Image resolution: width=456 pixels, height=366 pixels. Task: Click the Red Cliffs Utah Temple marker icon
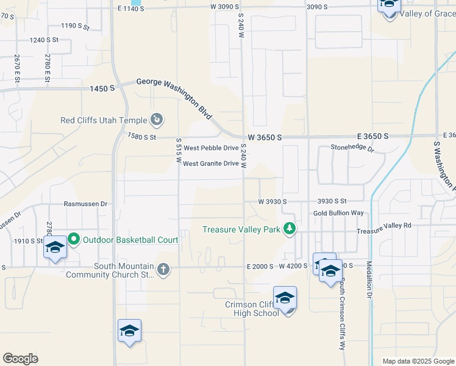[157, 120]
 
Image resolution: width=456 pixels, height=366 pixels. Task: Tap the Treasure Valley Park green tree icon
[290, 229]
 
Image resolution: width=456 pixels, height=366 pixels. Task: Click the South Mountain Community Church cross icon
[163, 269]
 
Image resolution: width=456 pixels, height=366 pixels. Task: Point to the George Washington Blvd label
[174, 97]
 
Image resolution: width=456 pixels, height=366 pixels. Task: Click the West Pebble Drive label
[211, 148]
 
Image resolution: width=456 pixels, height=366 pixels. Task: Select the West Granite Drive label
[210, 163]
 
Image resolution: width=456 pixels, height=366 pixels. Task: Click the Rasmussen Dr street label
[85, 204]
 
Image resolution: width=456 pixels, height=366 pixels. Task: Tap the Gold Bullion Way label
[338, 213]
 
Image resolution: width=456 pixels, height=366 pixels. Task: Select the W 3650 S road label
[265, 138]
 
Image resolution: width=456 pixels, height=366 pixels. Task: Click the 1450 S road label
[102, 88]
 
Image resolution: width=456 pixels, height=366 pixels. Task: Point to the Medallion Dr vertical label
[369, 280]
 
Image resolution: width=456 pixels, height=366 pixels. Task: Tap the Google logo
[20, 359]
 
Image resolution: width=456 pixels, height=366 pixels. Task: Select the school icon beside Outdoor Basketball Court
[55, 248]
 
